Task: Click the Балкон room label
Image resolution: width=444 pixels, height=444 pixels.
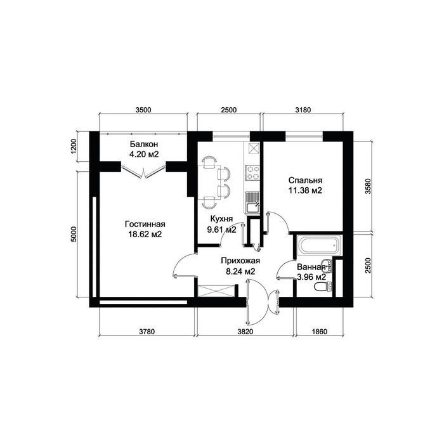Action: click(x=144, y=145)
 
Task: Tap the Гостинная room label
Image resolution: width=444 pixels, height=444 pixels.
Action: click(x=145, y=225)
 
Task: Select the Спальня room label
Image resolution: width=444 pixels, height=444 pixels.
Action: click(x=305, y=180)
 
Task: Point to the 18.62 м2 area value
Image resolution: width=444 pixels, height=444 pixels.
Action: click(x=145, y=235)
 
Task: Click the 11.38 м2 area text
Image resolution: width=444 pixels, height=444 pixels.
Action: click(x=305, y=190)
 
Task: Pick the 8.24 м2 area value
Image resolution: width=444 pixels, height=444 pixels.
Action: click(x=240, y=271)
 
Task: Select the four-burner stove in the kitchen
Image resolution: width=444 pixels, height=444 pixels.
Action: click(x=252, y=173)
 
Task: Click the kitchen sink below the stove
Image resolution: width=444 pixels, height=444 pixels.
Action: click(x=252, y=202)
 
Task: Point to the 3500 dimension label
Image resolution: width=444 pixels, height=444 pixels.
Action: click(x=143, y=110)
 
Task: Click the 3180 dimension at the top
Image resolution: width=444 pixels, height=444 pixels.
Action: click(x=303, y=110)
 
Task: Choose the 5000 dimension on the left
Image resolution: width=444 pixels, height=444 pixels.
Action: click(x=74, y=234)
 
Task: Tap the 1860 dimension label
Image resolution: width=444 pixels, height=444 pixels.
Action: click(x=319, y=331)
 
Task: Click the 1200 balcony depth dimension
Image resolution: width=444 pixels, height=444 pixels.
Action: click(x=74, y=146)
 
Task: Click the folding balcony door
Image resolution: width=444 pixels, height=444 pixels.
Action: click(x=143, y=172)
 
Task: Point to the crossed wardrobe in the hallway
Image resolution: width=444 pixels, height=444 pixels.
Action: click(x=216, y=291)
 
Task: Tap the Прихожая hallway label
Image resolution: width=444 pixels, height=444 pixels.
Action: click(x=240, y=261)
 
